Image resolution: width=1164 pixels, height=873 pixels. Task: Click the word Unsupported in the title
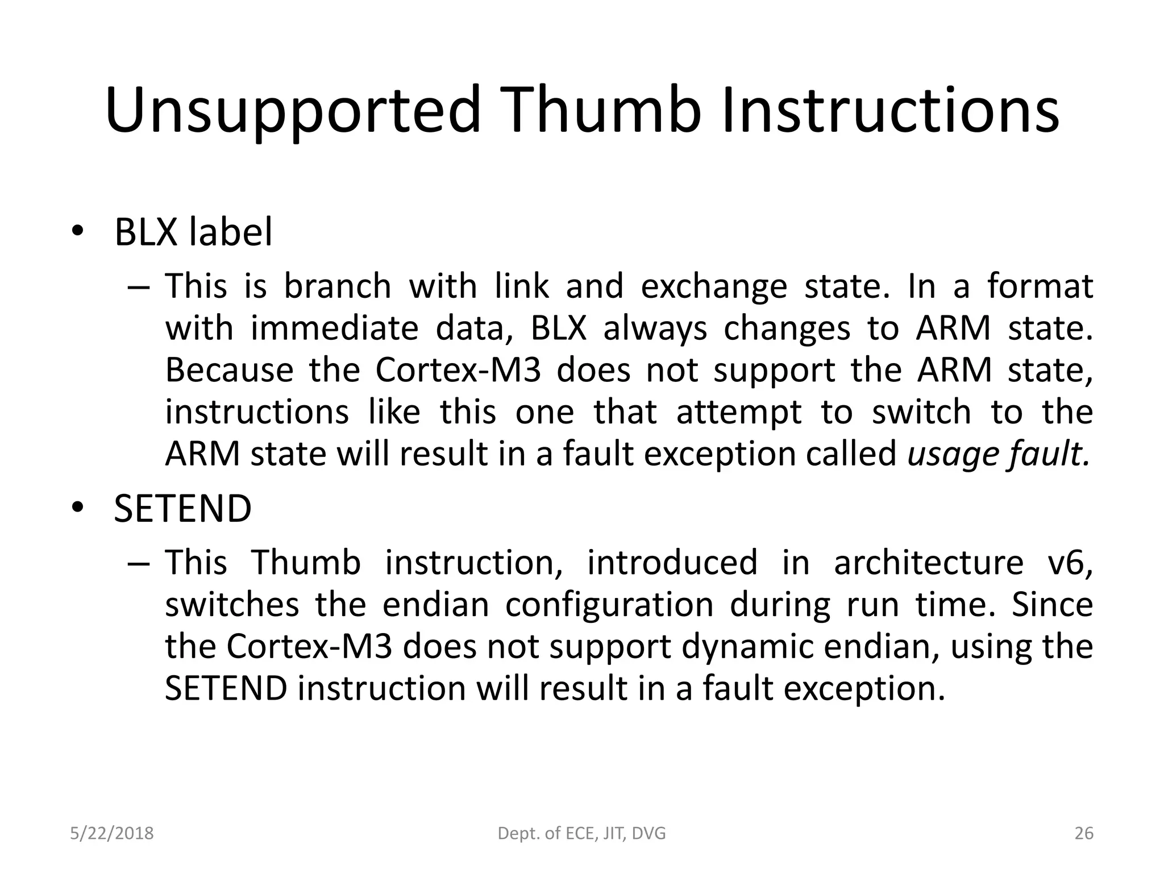click(x=293, y=111)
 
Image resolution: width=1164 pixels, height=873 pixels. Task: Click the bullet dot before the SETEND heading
click(x=77, y=508)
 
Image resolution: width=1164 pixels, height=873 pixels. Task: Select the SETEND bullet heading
click(x=182, y=508)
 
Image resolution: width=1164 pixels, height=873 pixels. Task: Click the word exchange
click(x=714, y=286)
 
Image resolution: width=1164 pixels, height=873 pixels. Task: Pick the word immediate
click(x=334, y=328)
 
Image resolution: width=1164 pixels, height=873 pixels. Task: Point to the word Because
click(x=229, y=370)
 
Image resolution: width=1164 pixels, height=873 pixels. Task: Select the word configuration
click(x=609, y=604)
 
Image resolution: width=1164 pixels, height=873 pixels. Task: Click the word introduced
click(x=672, y=562)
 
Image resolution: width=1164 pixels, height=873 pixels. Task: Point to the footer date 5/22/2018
click(x=111, y=833)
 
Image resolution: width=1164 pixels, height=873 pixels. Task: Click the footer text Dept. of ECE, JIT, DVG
click(x=581, y=833)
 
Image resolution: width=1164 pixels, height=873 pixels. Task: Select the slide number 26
click(x=1084, y=833)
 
